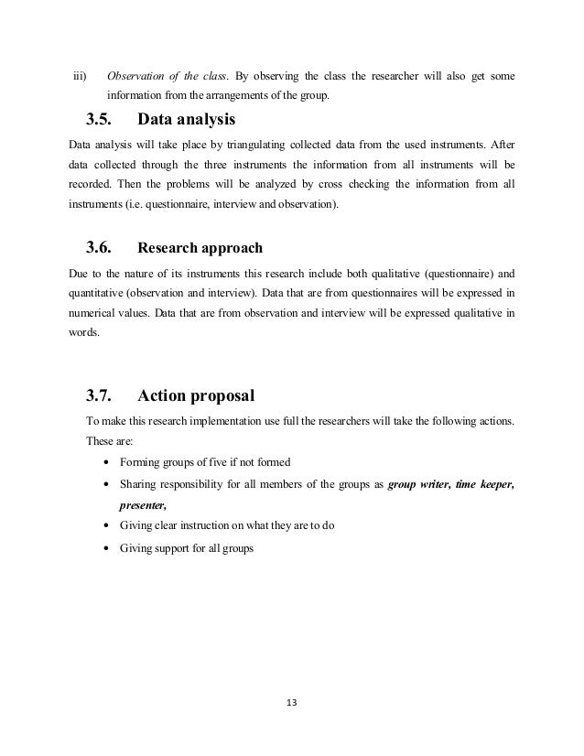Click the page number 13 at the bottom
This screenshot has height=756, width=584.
293,702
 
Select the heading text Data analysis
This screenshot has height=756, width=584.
187,119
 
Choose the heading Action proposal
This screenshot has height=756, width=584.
195,396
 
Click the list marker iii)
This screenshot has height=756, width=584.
80,74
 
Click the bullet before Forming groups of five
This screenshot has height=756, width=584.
110,462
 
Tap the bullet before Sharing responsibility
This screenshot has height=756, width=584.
110,485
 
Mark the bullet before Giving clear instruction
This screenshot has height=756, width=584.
110,528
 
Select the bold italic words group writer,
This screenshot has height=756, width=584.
418,484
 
